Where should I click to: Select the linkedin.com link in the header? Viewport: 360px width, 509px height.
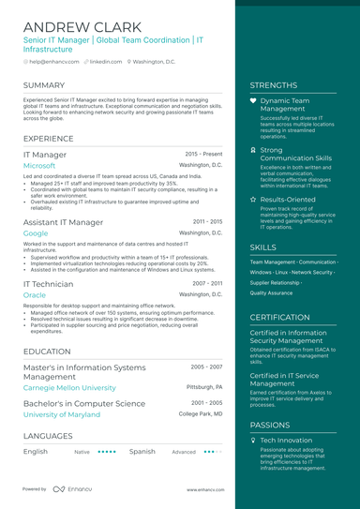pyautogui.click(x=106, y=61)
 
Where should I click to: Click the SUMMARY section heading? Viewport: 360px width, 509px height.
pyautogui.click(x=44, y=85)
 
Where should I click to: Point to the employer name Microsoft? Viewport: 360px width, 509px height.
pyautogui.click(x=39, y=165)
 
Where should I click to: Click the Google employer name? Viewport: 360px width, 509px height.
pyautogui.click(x=36, y=232)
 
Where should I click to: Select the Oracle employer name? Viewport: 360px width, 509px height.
pyautogui.click(x=34, y=294)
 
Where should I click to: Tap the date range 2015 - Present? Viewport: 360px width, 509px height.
pyautogui.click(x=203, y=154)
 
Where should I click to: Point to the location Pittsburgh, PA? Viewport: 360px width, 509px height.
pyautogui.click(x=204, y=386)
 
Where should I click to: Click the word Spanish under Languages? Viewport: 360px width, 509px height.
pyautogui.click(x=142, y=451)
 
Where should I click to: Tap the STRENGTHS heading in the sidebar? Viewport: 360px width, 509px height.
pyautogui.click(x=274, y=85)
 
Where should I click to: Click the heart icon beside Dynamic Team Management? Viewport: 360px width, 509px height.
pyautogui.click(x=253, y=99)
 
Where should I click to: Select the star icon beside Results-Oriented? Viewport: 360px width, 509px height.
pyautogui.click(x=253, y=200)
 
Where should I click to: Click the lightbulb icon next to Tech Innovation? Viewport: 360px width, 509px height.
pyautogui.click(x=253, y=440)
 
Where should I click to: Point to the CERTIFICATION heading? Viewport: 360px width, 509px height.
pyautogui.click(x=280, y=318)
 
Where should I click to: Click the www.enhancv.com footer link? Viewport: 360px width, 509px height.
pyautogui.click(x=204, y=489)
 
